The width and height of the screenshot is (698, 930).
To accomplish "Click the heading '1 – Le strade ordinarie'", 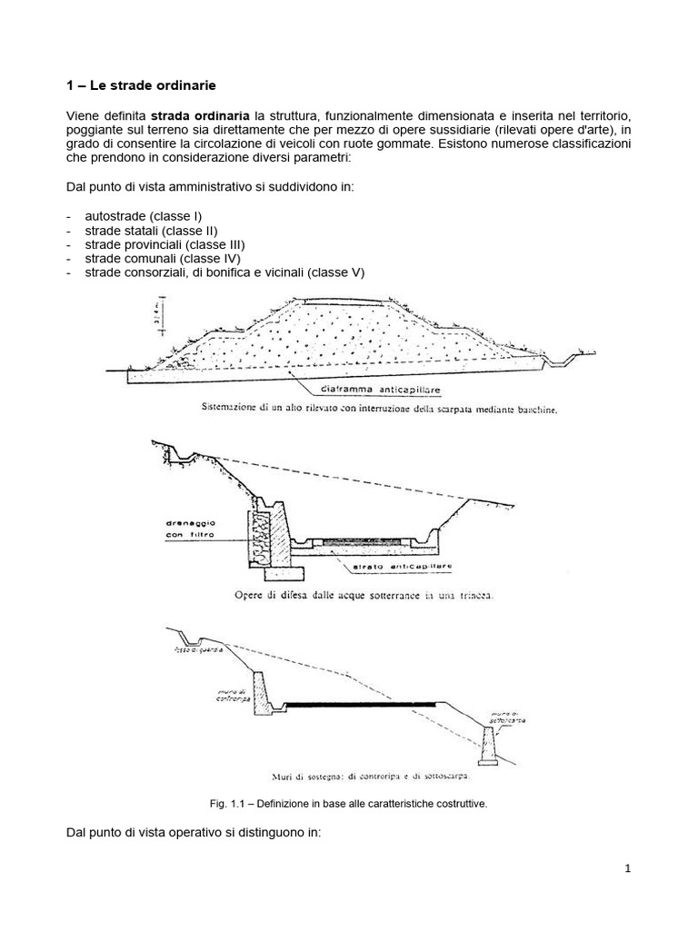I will pos(141,86).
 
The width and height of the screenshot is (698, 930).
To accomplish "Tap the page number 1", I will pos(627,869).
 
